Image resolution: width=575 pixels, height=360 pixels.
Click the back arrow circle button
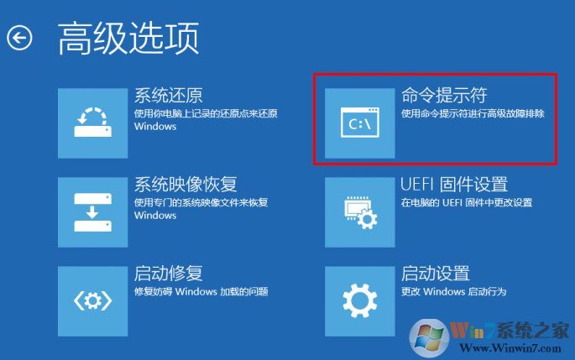pyautogui.click(x=19, y=38)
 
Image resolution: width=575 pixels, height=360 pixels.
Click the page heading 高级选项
pyautogui.click(x=128, y=38)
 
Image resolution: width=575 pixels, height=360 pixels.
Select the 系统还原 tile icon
pyautogui.click(x=92, y=121)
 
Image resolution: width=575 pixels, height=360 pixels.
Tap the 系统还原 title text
pyautogui.click(x=168, y=95)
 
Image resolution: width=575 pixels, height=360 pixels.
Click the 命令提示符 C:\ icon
pyautogui.click(x=360, y=122)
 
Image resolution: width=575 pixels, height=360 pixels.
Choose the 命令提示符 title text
pyautogui.click(x=444, y=96)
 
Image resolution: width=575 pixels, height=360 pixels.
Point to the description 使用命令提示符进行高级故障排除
pyautogui.click(x=472, y=113)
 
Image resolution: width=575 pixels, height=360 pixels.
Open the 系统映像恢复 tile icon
pyautogui.click(x=92, y=211)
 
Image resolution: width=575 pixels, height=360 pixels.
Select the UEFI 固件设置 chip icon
pyautogui.click(x=360, y=211)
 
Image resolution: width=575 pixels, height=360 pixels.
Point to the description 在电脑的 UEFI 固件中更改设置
pyautogui.click(x=466, y=203)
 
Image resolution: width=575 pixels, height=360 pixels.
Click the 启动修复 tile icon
pyautogui.click(x=92, y=300)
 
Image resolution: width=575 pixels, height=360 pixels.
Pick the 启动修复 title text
pyautogui.click(x=168, y=274)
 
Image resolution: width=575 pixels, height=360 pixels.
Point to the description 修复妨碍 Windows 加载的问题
pyautogui.click(x=201, y=292)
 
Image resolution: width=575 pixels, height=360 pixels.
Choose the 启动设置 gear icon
pyautogui.click(x=360, y=300)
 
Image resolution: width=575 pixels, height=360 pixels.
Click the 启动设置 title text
pyautogui.click(x=435, y=274)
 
